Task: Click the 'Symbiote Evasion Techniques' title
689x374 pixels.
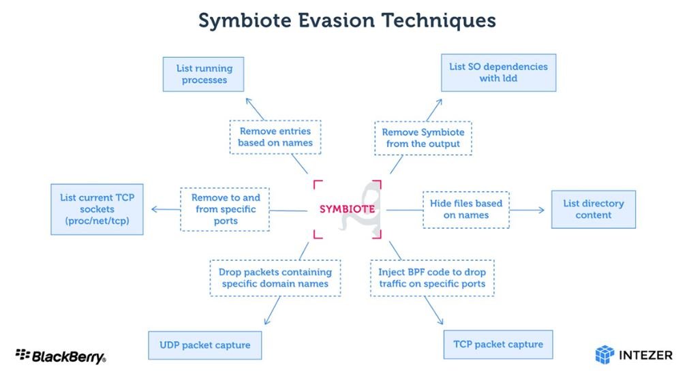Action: pyautogui.click(x=347, y=20)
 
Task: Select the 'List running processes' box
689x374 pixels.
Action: pyautogui.click(x=204, y=74)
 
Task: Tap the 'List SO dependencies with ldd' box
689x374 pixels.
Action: pyautogui.click(x=498, y=73)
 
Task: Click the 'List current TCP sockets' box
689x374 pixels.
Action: pyautogui.click(x=97, y=209)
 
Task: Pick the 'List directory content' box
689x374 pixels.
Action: pyautogui.click(x=593, y=209)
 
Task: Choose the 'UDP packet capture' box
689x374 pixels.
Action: pyautogui.click(x=204, y=345)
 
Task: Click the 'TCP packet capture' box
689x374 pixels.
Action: pyautogui.click(x=498, y=345)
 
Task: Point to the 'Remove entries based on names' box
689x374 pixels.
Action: pyautogui.click(x=275, y=137)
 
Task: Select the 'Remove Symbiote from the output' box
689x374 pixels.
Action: pyautogui.click(x=423, y=138)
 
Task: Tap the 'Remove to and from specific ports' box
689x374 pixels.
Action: pyautogui.click(x=225, y=209)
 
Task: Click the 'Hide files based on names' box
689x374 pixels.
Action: pyautogui.click(x=466, y=210)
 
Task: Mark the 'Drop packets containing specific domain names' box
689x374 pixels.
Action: pyautogui.click(x=275, y=278)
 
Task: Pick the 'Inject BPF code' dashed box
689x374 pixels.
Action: pyautogui.click(x=432, y=278)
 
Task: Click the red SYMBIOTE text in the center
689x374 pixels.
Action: pyautogui.click(x=347, y=209)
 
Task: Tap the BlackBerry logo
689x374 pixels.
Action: pyautogui.click(x=61, y=356)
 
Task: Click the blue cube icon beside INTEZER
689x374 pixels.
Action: pyautogui.click(x=604, y=355)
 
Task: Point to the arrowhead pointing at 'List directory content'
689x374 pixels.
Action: pyautogui.click(x=541, y=210)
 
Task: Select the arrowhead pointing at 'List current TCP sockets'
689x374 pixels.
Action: pyautogui.click(x=155, y=210)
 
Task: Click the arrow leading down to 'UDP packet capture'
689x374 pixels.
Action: pyautogui.click(x=273, y=310)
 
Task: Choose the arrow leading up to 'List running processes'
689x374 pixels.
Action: pyautogui.click(x=256, y=109)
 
